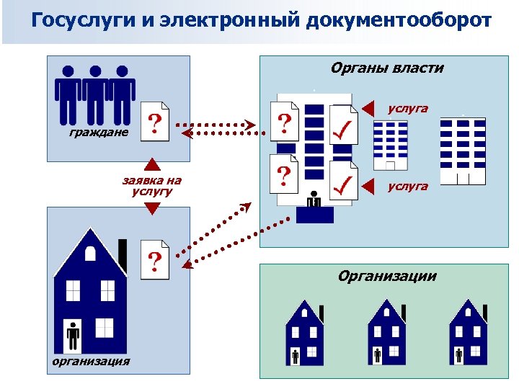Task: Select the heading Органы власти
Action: (387, 68)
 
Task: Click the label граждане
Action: (99, 133)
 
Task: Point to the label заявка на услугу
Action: (151, 186)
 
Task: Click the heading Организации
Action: (388, 276)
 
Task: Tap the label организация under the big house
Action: (92, 360)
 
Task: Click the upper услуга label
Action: (407, 109)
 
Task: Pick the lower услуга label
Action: (407, 186)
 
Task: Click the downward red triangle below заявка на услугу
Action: (151, 208)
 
